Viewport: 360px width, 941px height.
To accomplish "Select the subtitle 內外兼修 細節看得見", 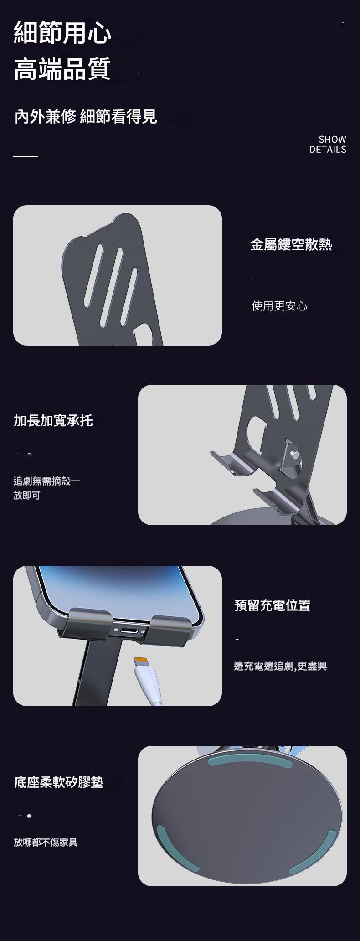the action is (x=86, y=117).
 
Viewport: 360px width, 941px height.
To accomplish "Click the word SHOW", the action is (x=332, y=139).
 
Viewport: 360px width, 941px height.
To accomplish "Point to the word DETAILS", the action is (x=328, y=150).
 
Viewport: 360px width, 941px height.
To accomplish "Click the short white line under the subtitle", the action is (x=26, y=156).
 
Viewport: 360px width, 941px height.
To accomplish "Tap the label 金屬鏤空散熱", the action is (x=291, y=244).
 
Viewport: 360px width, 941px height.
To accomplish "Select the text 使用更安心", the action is (x=279, y=305).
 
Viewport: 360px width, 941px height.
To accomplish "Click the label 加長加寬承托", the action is (x=53, y=420).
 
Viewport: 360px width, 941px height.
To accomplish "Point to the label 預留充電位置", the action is (x=272, y=605).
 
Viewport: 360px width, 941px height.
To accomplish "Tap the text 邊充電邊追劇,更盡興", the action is (x=280, y=666).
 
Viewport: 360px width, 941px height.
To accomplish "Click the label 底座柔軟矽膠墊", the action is (x=59, y=782).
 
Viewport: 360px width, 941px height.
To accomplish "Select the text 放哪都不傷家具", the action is (x=46, y=842).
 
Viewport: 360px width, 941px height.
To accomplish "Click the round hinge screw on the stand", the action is (x=295, y=455).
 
